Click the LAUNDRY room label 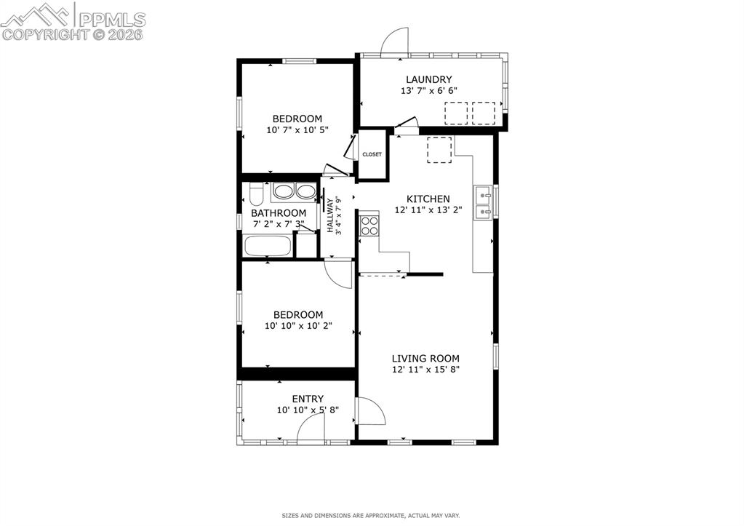428,80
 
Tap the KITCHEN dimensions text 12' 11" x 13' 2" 428,210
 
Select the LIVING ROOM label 425,359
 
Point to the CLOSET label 372,154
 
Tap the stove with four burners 369,226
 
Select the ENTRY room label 308,399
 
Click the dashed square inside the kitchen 439,150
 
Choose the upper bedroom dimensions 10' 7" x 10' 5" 297,130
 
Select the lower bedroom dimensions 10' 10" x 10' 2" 298,326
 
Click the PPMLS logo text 112,20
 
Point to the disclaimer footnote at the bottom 371,516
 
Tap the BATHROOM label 279,213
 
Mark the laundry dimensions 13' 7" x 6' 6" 429,91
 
